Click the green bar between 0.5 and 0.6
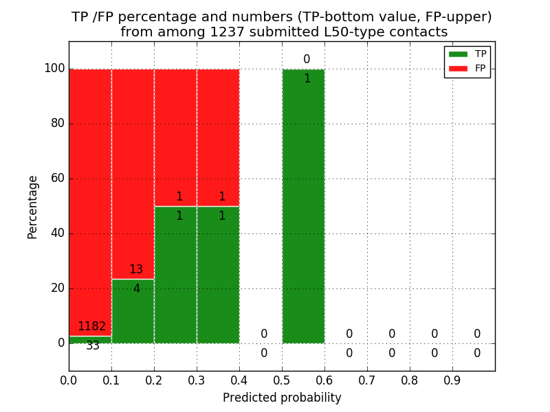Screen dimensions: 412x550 coord(303,206)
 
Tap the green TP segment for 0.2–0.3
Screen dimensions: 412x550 coord(175,275)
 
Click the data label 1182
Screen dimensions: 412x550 coord(91,327)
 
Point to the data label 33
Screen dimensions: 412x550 coord(93,346)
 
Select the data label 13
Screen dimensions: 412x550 coord(136,270)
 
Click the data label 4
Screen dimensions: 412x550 coord(136,289)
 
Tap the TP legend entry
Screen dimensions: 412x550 coord(467,54)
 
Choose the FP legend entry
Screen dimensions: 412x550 coord(467,69)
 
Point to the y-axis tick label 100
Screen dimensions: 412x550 coord(54,69)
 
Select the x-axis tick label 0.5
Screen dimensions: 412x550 coord(282,380)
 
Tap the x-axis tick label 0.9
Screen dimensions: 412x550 coord(452,380)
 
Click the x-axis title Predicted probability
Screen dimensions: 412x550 coord(282,398)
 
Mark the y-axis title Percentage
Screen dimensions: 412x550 coord(32,207)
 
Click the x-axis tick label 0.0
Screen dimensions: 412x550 coord(69,380)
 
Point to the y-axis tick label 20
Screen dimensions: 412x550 coord(56,288)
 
